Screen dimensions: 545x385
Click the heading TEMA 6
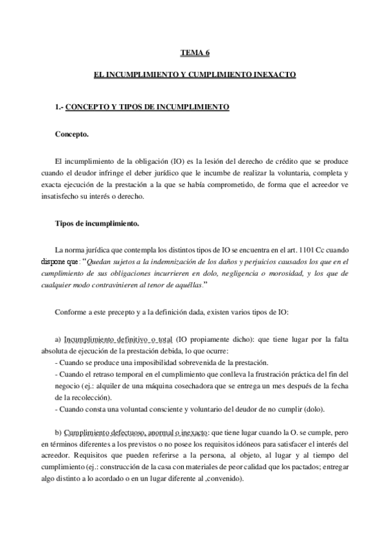tap(192, 55)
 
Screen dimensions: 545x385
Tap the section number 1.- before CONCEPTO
tap(59, 107)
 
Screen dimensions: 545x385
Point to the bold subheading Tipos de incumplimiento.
tap(94, 224)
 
